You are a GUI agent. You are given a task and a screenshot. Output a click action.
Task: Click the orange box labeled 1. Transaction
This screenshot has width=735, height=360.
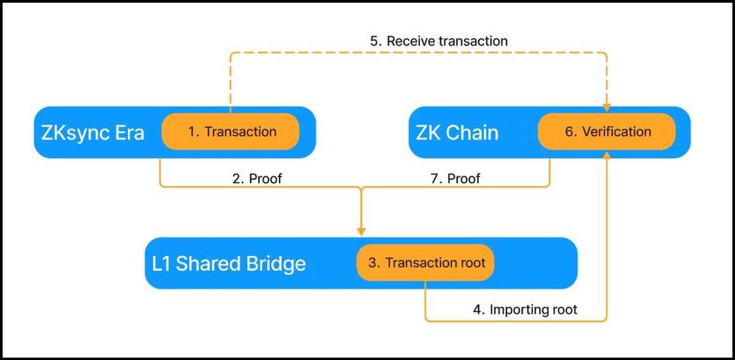click(x=230, y=131)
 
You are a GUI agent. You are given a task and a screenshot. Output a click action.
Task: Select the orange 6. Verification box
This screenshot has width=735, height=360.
click(x=606, y=131)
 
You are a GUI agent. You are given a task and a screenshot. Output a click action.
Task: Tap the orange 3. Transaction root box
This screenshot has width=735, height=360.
click(x=425, y=263)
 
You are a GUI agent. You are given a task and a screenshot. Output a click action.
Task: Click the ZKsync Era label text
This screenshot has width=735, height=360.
click(x=93, y=132)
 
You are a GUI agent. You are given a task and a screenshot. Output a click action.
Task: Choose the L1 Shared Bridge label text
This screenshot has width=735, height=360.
click(x=229, y=263)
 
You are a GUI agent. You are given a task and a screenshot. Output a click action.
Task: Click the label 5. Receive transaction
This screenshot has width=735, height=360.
click(x=439, y=41)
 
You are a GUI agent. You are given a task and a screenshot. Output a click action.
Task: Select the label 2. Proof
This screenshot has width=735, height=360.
click(x=257, y=178)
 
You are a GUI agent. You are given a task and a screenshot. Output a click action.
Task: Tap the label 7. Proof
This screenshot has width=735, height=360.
click(x=455, y=178)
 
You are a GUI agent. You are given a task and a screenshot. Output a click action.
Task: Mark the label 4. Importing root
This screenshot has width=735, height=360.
click(x=525, y=310)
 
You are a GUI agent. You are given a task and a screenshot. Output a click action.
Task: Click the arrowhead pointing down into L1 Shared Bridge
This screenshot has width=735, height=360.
click(x=361, y=230)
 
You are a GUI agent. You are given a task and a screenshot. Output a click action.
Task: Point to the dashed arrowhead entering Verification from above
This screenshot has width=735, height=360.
click(x=606, y=108)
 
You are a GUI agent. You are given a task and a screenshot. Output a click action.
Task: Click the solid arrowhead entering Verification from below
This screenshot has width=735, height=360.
click(x=606, y=155)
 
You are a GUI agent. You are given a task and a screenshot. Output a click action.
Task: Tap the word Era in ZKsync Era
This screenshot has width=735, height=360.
click(x=129, y=132)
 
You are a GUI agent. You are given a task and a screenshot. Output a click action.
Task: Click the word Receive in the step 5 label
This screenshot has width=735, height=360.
click(x=411, y=41)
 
